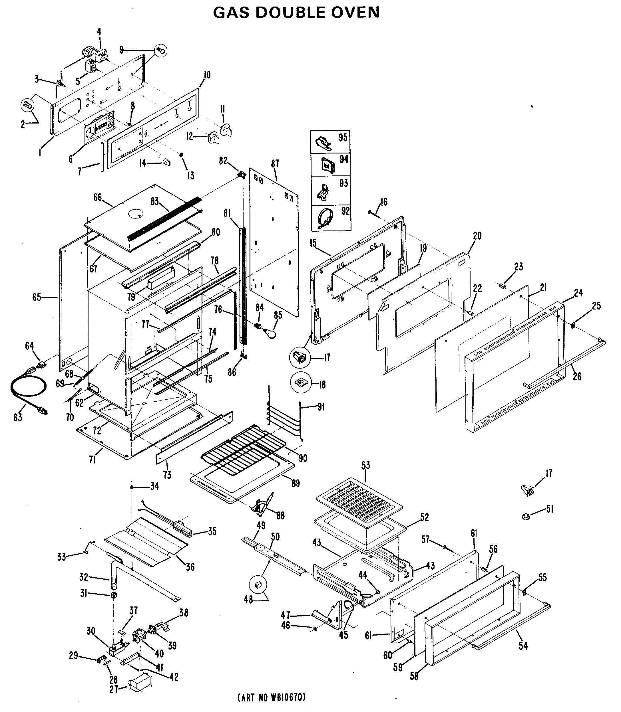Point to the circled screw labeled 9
click(160, 50)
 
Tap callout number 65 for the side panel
click(37, 297)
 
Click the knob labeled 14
click(166, 162)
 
